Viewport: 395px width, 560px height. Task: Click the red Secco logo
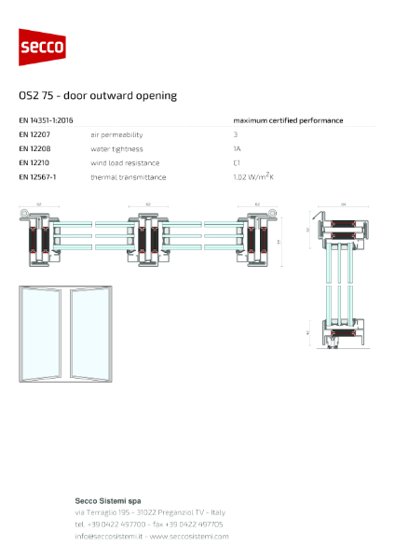point(43,47)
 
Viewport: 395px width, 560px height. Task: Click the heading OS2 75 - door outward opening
point(98,95)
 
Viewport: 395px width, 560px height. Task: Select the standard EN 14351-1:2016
point(47,120)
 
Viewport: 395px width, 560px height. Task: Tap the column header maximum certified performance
point(288,120)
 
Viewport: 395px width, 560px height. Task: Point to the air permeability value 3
point(236,135)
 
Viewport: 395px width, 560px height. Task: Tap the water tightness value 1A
point(238,148)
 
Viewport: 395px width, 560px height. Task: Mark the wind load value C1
point(238,162)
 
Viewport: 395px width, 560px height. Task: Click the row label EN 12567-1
point(37,176)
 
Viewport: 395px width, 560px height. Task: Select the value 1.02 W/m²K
point(252,176)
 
